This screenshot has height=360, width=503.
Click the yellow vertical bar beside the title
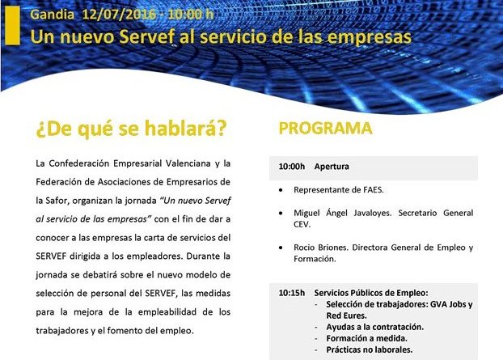tap(12, 25)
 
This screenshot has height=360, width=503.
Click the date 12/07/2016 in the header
tap(120, 15)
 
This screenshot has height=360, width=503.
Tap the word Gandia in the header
tap(53, 15)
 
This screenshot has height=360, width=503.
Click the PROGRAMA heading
tap(325, 128)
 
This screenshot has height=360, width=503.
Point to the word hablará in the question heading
tap(185, 129)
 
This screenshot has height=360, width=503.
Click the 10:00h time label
tap(292, 167)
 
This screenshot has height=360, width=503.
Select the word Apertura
tap(332, 167)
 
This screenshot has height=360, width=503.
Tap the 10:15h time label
tap(292, 293)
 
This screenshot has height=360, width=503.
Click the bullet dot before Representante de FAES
tap(281, 190)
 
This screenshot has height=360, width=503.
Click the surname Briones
tap(334, 248)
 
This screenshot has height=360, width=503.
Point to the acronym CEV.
tap(301, 224)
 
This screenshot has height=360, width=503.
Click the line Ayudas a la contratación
tap(374, 327)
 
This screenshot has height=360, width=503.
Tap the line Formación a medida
tap(366, 338)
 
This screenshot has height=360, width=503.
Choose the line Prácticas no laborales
tap(370, 349)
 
